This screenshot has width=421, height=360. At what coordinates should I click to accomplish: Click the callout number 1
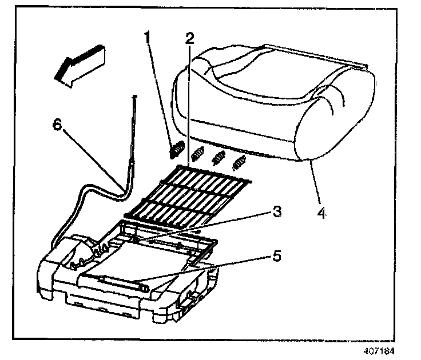pyautogui.click(x=148, y=38)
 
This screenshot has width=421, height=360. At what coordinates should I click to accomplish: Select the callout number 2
pyautogui.click(x=189, y=38)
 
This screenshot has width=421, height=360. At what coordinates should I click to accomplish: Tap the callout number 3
pyautogui.click(x=276, y=213)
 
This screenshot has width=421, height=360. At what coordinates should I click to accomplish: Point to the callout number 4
pyautogui.click(x=323, y=214)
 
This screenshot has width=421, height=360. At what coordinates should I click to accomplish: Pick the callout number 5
pyautogui.click(x=276, y=257)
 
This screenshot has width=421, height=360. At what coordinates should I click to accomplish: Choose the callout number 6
pyautogui.click(x=58, y=127)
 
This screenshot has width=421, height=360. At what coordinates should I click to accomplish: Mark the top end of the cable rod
pyautogui.click(x=134, y=99)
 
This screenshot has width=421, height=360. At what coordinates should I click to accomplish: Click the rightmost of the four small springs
pyautogui.click(x=238, y=163)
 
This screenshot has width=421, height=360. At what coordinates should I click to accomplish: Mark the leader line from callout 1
pyautogui.click(x=161, y=91)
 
